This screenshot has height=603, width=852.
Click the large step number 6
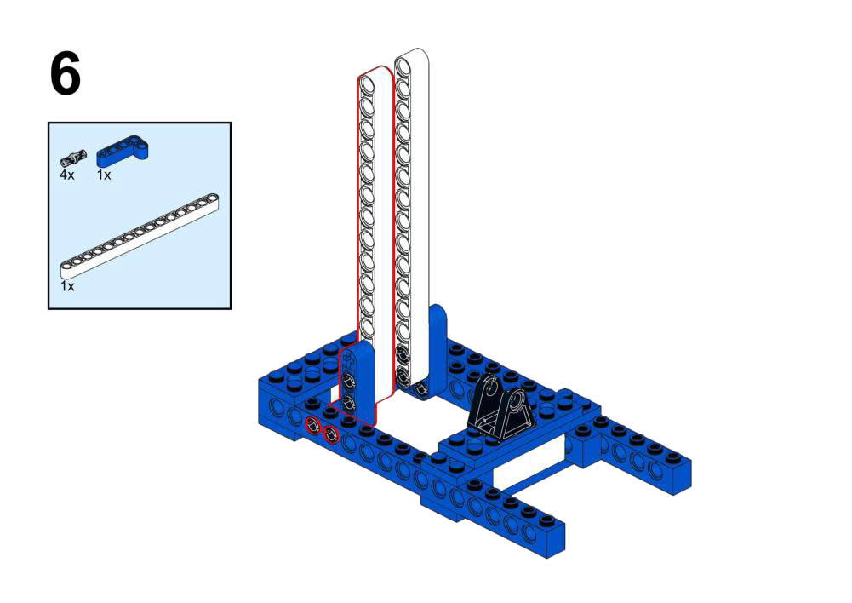(66, 73)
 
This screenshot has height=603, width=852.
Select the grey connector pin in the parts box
(73, 158)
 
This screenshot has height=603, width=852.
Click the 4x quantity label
(67, 175)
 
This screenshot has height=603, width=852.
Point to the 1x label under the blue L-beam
(104, 175)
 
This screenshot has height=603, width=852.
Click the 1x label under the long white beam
(67, 286)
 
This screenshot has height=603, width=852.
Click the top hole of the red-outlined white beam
(368, 85)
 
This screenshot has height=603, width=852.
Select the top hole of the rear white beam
(403, 66)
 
